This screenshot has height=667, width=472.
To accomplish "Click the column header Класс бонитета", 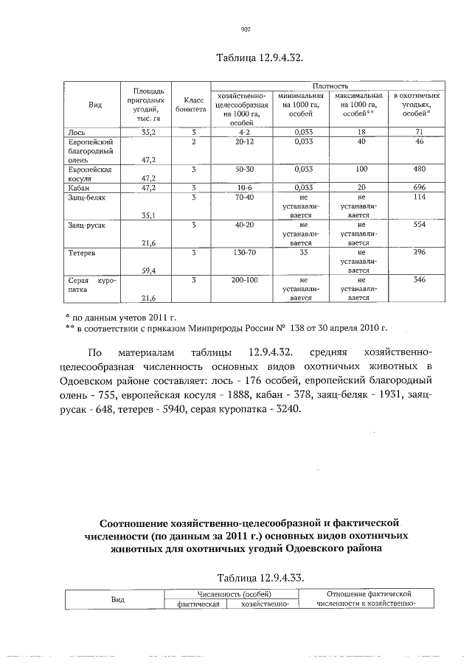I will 191,103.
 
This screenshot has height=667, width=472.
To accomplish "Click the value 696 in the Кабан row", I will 417,188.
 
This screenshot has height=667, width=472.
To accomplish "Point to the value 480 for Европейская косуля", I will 417,169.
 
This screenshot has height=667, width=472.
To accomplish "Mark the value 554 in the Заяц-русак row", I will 417,225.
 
